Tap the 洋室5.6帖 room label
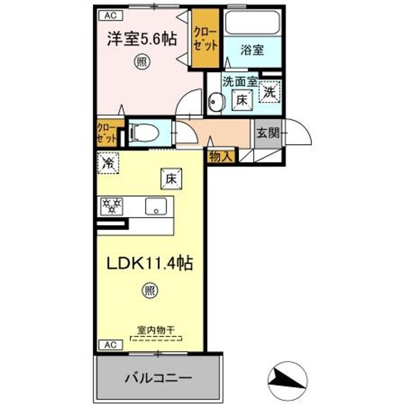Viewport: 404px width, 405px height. coord(142,39)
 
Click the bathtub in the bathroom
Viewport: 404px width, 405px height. coord(252,24)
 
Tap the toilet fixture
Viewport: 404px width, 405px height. coord(141,133)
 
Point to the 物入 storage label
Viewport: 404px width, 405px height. coord(220,157)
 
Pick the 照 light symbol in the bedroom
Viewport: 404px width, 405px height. coord(141,63)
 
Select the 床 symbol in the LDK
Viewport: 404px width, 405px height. coord(170,179)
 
